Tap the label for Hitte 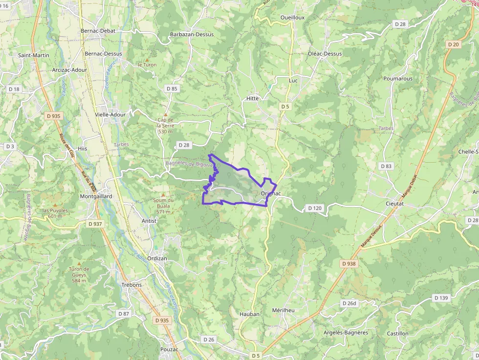point(252,98)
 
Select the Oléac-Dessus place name point(325,54)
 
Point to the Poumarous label point(398,79)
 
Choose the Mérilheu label point(283,311)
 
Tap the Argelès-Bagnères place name point(346,333)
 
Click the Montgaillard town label point(96,196)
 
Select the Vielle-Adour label point(110,115)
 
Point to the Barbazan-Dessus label point(192,35)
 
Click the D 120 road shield point(315,208)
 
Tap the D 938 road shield point(349,263)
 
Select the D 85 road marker point(172,89)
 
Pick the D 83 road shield point(386,166)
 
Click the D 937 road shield point(96,224)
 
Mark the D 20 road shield point(453,44)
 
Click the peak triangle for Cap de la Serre point(165,113)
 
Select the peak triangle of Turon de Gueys point(79,263)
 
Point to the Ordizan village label point(157,259)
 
